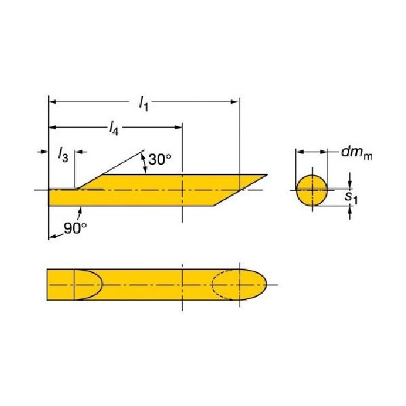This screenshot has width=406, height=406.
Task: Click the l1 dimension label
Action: pos(143,104)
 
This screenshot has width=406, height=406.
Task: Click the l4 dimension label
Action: pos(114,129)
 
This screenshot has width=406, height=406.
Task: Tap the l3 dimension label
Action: pos(62,156)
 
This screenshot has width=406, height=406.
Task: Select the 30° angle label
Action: pos(160,160)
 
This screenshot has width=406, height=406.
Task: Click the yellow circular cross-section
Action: pos(313,190)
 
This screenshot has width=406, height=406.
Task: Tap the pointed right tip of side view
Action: pos(266,175)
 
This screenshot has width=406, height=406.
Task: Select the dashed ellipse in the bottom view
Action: pos(227,286)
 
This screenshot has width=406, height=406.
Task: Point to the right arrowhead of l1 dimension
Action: pos(235,102)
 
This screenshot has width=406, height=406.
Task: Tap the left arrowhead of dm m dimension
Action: pos(299,152)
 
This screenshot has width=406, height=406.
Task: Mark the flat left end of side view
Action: pos(49,197)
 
